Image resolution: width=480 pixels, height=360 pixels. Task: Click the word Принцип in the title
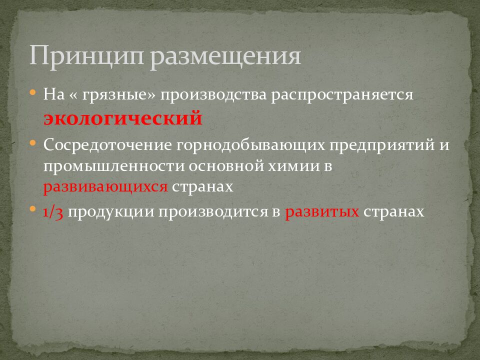[x=86, y=56]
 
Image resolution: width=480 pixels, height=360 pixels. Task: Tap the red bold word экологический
[x=122, y=118]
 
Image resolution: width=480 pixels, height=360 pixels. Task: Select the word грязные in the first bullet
[x=120, y=95]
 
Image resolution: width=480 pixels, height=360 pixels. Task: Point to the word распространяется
[x=342, y=95]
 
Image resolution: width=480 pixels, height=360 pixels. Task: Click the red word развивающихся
[x=105, y=186]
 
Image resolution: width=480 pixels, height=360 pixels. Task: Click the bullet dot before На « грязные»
[x=32, y=93]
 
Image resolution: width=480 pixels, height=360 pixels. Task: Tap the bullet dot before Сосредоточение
[x=32, y=143]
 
